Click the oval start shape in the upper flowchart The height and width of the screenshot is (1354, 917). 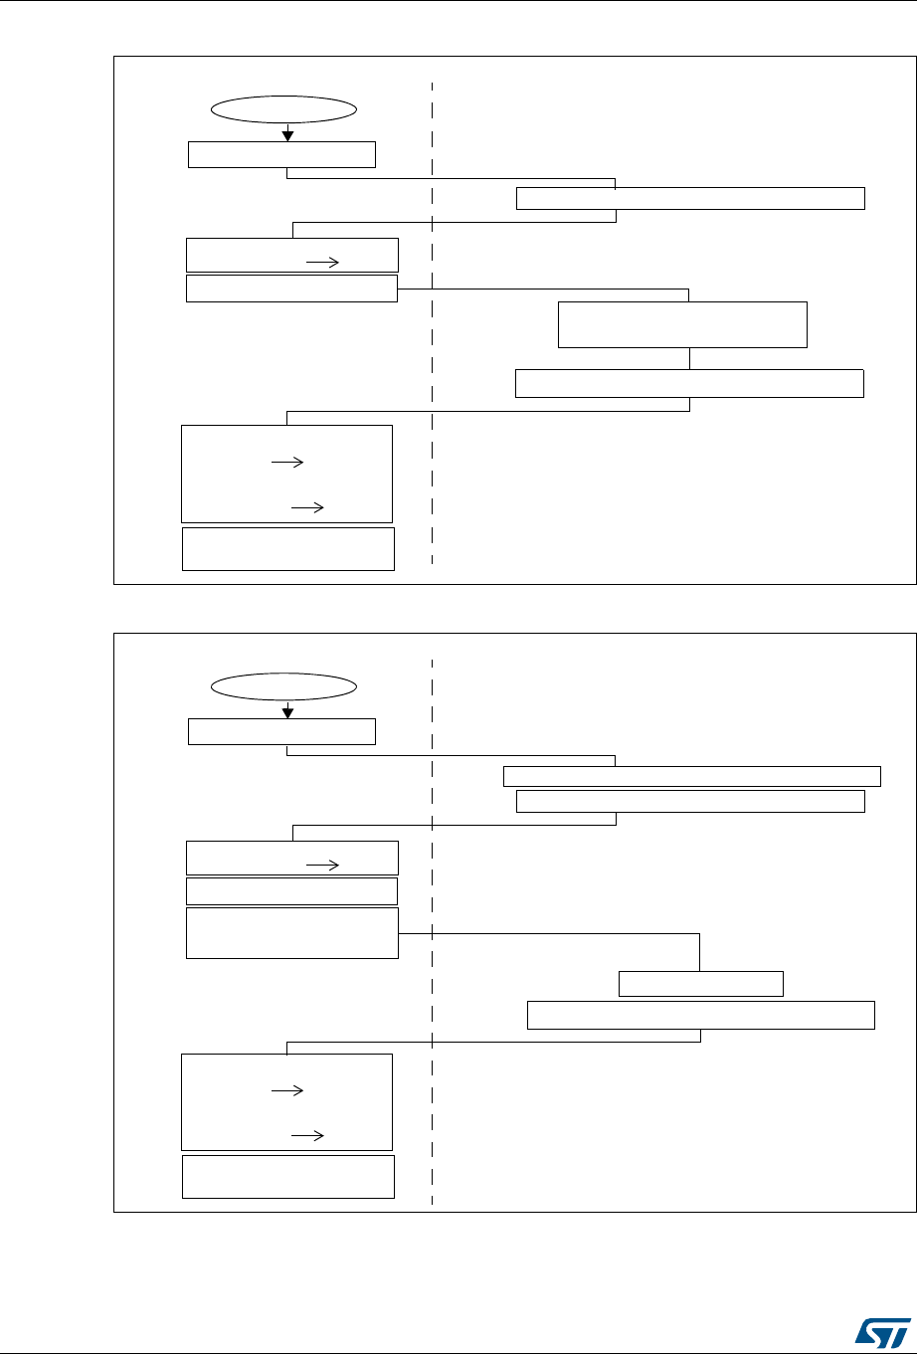point(284,110)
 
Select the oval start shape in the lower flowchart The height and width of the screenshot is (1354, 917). point(284,686)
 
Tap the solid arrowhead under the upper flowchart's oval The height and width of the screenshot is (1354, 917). point(287,135)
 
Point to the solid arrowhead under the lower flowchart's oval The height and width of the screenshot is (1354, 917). point(287,711)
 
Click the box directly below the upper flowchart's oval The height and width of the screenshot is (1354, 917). point(282,154)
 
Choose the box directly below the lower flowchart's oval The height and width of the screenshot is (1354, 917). point(282,731)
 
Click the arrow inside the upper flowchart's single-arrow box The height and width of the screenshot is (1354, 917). point(323,262)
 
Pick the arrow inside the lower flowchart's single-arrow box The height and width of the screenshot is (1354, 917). point(323,866)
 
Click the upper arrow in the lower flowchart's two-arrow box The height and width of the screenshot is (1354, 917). point(285,1090)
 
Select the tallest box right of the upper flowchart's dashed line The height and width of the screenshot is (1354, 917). point(682,324)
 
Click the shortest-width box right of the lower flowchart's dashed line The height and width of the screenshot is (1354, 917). point(701,984)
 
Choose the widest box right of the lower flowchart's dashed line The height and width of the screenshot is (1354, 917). point(692,777)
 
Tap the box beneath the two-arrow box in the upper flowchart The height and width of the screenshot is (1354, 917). point(288,549)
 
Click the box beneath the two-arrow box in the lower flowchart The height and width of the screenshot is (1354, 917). point(288,1177)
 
